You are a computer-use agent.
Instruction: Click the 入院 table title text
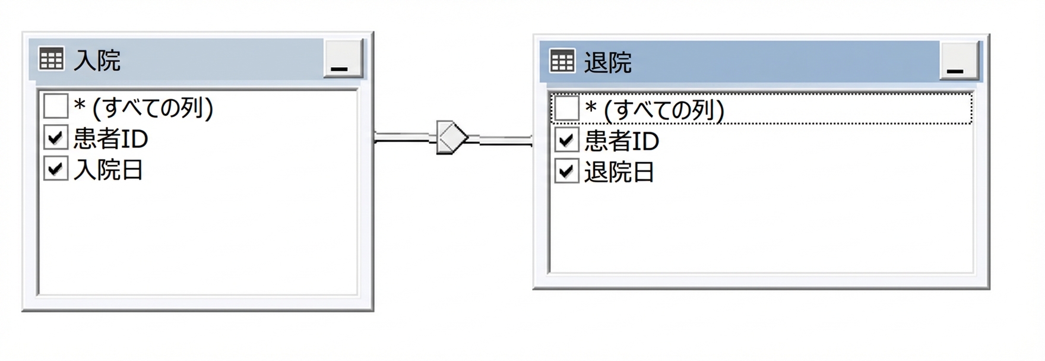tap(97, 61)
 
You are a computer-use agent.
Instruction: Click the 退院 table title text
tap(607, 62)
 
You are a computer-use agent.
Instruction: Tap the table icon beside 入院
tap(51, 59)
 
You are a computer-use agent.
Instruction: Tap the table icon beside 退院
tap(562, 61)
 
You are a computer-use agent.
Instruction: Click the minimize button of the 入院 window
tap(343, 58)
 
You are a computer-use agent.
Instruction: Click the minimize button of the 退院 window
tap(959, 61)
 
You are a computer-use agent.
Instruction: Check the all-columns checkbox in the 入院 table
tap(56, 107)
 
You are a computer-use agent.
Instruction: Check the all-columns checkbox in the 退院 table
tap(566, 109)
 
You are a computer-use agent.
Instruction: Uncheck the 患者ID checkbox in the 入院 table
tap(56, 138)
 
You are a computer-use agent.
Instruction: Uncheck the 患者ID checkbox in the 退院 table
tap(566, 141)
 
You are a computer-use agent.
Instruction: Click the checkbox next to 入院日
tap(56, 169)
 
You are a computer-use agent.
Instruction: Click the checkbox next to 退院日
tap(566, 172)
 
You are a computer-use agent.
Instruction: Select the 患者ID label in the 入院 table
tap(110, 139)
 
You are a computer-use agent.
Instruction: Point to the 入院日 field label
tap(108, 170)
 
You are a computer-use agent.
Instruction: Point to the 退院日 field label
tap(619, 172)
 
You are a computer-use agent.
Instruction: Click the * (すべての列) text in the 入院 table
tap(143, 107)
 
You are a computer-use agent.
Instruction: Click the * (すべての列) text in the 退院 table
tap(654, 110)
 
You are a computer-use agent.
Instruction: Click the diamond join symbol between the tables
tap(452, 137)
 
